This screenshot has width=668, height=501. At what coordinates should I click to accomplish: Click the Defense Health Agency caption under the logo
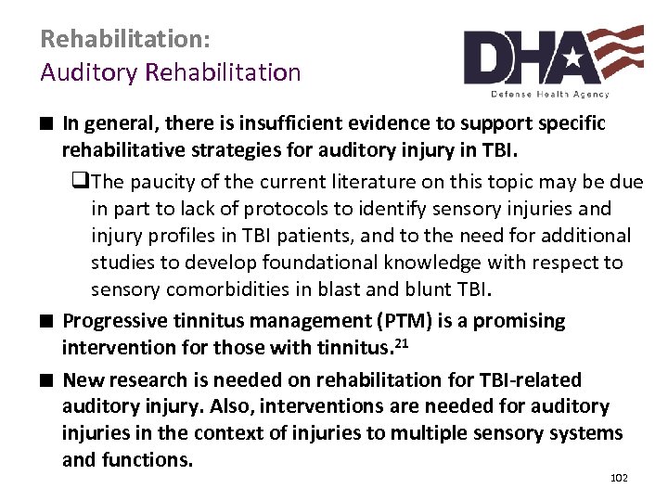point(550,94)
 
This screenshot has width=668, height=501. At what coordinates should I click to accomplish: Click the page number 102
point(619,478)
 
